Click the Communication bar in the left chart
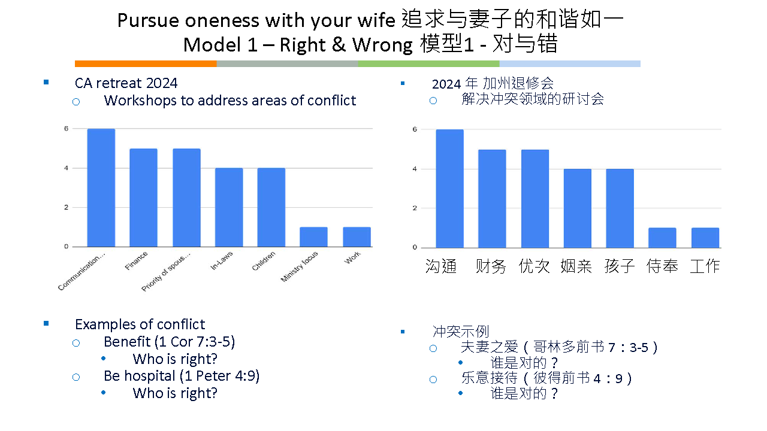[101, 187]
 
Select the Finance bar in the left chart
[143, 198]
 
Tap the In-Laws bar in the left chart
[229, 207]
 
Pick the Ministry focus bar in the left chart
[313, 236]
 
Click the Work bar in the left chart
[357, 236]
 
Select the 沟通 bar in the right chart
[449, 189]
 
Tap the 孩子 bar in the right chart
[620, 208]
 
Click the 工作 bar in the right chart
[705, 238]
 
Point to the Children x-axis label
[264, 261]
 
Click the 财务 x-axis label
[491, 266]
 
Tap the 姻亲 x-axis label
[576, 266]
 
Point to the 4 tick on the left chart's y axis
[66, 168]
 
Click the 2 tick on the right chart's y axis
[415, 208]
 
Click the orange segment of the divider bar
[146, 63]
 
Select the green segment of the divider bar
[428, 63]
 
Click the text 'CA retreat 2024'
[126, 83]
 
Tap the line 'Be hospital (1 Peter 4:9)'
[182, 376]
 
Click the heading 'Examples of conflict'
[140, 324]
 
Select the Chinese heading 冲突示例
[461, 332]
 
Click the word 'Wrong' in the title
[382, 45]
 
